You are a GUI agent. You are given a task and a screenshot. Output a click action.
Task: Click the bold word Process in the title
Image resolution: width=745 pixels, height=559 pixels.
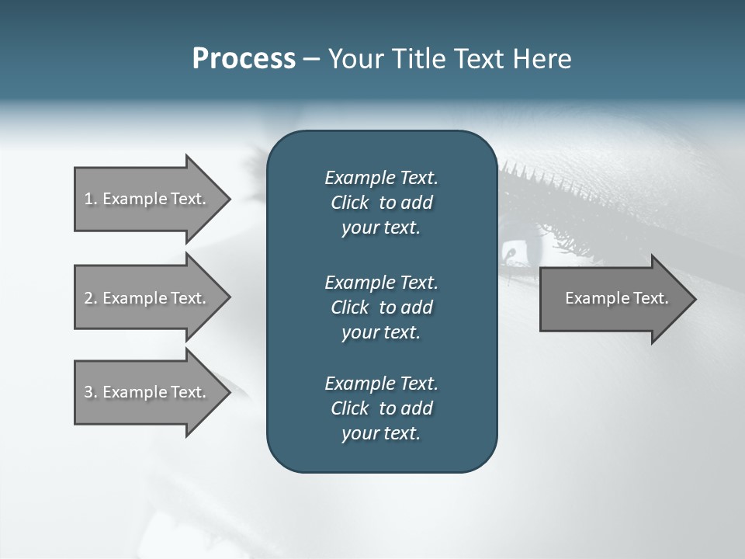[x=244, y=59]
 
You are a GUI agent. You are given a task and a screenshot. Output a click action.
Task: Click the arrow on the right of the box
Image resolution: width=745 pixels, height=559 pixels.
[x=613, y=299]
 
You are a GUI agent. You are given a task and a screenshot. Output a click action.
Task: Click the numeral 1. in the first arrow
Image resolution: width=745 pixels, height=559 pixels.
[x=90, y=199]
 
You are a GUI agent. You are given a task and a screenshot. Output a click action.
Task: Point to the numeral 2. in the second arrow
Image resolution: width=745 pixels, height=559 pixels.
[x=90, y=298]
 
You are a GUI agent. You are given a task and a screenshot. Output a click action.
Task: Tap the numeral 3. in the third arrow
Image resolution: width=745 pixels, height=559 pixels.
[x=90, y=392]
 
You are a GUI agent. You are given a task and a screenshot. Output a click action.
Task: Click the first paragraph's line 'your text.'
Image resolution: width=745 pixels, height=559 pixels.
[x=381, y=228]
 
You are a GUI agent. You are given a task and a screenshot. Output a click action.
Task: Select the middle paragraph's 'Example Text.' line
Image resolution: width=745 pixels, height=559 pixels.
[x=381, y=283]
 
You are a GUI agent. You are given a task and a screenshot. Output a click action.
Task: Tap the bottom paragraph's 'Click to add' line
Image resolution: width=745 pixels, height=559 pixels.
[x=381, y=408]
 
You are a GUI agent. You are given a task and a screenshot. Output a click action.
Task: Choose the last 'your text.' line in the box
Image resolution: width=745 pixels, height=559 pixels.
[x=381, y=434]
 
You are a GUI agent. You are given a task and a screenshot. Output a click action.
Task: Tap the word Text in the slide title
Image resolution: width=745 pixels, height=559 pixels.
[x=477, y=59]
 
